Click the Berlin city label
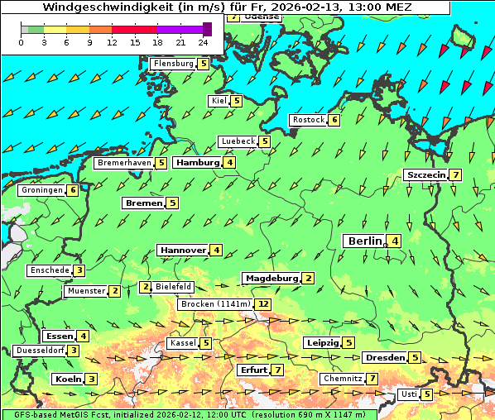364,241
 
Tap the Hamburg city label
198,163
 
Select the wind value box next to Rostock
334,120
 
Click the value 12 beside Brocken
263,304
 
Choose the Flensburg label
173,64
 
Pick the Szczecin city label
425,175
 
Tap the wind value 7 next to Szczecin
455,175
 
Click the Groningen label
42,190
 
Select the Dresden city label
384,358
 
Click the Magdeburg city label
271,279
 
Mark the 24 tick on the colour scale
203,42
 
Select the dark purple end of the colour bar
207,29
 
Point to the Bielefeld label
174,287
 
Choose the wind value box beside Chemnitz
373,379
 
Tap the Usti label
409,394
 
